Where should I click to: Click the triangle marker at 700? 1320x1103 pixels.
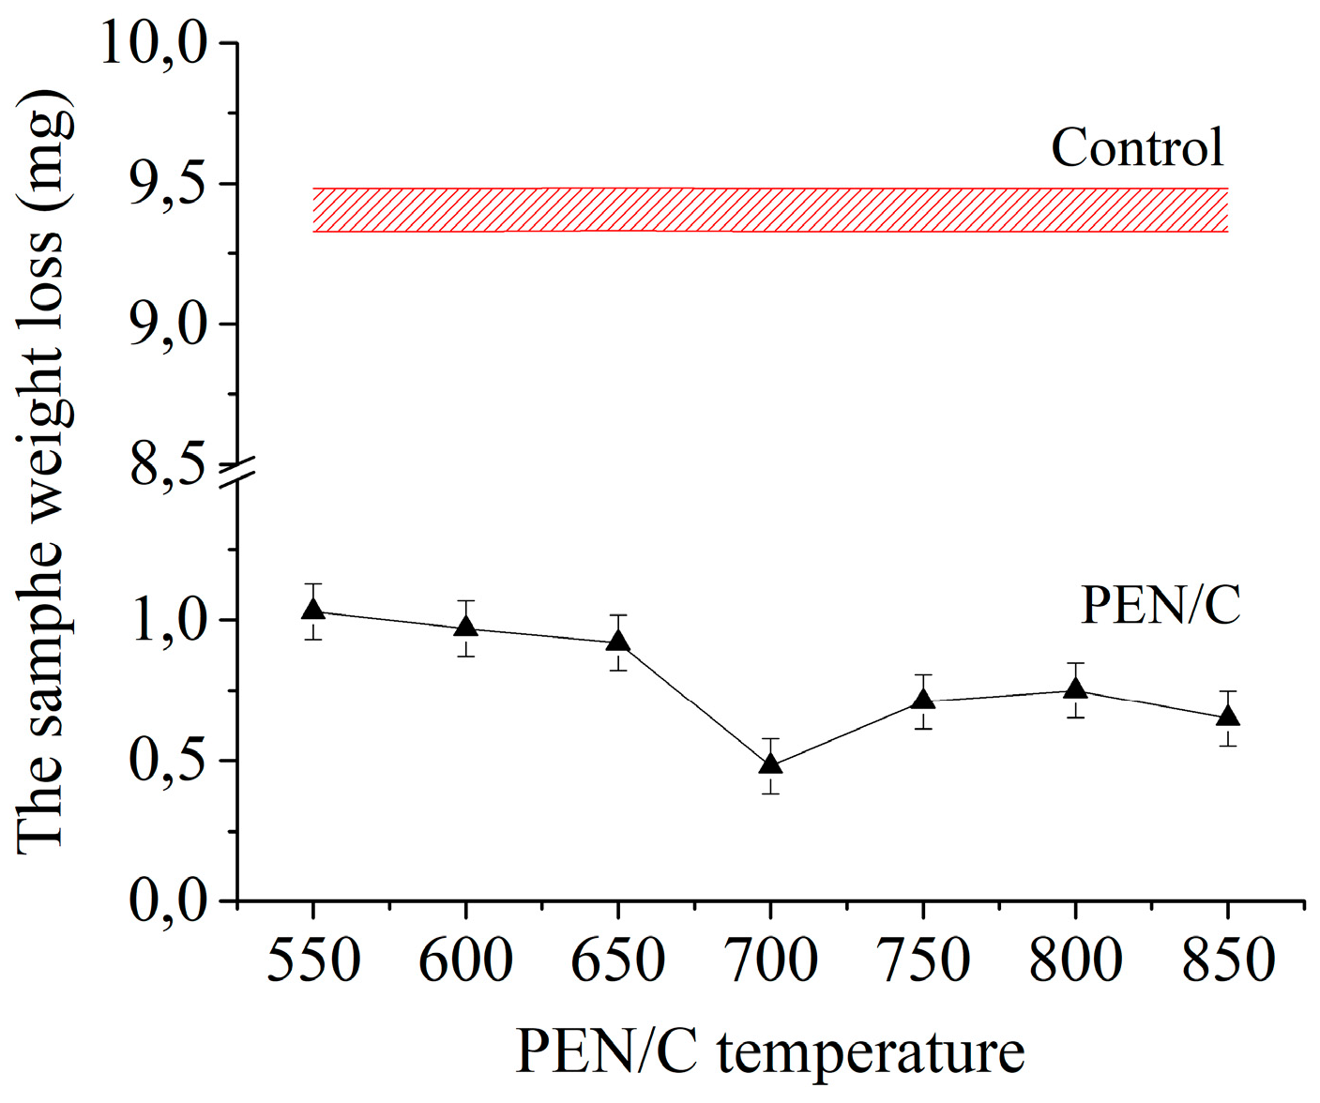(x=770, y=763)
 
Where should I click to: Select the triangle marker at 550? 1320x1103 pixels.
(x=313, y=610)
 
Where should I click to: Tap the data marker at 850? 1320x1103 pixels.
(x=1227, y=716)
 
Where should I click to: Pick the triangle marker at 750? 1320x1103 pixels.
(x=923, y=700)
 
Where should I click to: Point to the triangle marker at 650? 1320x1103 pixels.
(x=617, y=642)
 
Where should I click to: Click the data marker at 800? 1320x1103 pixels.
(x=1075, y=689)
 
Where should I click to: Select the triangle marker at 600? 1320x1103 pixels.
(x=465, y=626)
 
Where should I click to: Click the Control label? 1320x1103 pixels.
(x=1137, y=148)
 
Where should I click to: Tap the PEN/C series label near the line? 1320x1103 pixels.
(x=1161, y=605)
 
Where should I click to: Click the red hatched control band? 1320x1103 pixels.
(x=769, y=209)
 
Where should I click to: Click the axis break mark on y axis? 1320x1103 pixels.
(x=237, y=472)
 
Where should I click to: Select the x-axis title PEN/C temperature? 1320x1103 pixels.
(x=769, y=1052)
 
